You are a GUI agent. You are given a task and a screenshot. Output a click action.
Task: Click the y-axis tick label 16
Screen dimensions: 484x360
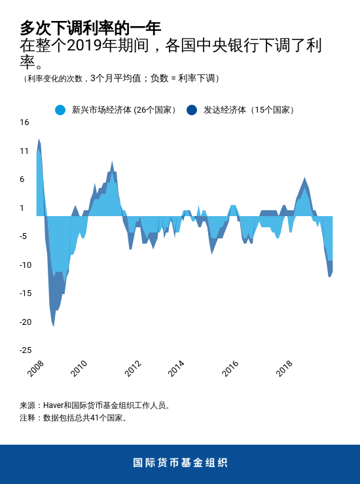point(24,122)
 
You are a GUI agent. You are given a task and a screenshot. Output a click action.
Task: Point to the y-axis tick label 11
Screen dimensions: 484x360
point(24,151)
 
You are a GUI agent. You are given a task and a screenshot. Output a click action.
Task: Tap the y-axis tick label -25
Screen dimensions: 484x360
point(24,350)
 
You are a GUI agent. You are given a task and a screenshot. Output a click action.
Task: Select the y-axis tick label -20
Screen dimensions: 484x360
point(24,322)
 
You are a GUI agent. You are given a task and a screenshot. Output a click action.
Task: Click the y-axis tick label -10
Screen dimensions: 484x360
point(24,265)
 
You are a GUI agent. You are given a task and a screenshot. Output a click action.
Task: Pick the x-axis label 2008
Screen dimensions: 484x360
point(36,369)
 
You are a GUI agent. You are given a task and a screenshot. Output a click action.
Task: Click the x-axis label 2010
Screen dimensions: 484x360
point(79,369)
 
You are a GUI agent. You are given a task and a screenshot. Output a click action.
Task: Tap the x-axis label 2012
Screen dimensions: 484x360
point(133,369)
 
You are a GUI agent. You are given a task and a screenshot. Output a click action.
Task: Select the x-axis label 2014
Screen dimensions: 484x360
point(176,369)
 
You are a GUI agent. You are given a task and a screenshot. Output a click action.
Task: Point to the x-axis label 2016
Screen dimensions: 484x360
point(230,369)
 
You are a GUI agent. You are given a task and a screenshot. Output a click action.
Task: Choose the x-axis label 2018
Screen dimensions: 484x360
point(284,369)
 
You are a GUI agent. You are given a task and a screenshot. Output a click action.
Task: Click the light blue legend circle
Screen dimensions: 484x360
point(60,110)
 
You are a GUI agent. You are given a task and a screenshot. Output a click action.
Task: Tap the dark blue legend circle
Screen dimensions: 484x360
point(192,110)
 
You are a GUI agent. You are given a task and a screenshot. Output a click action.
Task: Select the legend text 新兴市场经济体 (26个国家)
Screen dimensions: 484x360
point(124,110)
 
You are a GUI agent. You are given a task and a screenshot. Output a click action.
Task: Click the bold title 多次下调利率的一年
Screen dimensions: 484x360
point(90,28)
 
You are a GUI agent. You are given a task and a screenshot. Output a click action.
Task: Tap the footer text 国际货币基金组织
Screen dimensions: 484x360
point(180,463)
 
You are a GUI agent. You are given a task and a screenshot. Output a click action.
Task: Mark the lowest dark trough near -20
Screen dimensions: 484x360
point(53,326)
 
